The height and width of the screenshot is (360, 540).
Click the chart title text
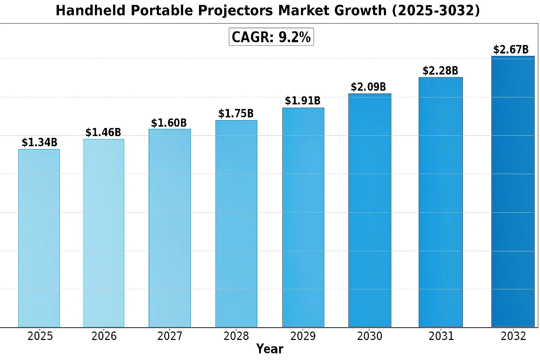coord(268,11)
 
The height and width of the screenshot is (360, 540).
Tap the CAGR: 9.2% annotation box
coord(271,37)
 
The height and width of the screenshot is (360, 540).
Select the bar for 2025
coord(39,238)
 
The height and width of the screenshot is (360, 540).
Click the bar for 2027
coord(170,228)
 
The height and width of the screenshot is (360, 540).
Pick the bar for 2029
coord(303,217)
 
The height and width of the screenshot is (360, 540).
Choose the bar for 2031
coord(441,202)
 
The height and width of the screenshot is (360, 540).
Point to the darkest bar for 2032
coord(513,192)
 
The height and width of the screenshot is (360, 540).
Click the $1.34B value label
coord(39,142)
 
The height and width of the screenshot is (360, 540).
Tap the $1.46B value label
coord(103,133)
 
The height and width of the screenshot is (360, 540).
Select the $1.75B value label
coord(236,114)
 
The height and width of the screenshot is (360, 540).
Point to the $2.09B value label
coord(368,87)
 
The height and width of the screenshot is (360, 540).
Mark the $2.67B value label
coord(511,50)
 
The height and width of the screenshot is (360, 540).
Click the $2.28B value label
coord(440,71)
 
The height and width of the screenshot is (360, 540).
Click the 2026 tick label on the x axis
coord(104,336)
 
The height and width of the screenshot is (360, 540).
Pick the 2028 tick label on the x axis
coord(236,336)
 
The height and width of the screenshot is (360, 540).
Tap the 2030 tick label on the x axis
coord(369,336)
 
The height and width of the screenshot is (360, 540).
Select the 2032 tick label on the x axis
coord(513,336)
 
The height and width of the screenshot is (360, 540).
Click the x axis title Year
coord(270,349)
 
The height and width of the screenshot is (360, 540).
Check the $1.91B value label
coord(303,101)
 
